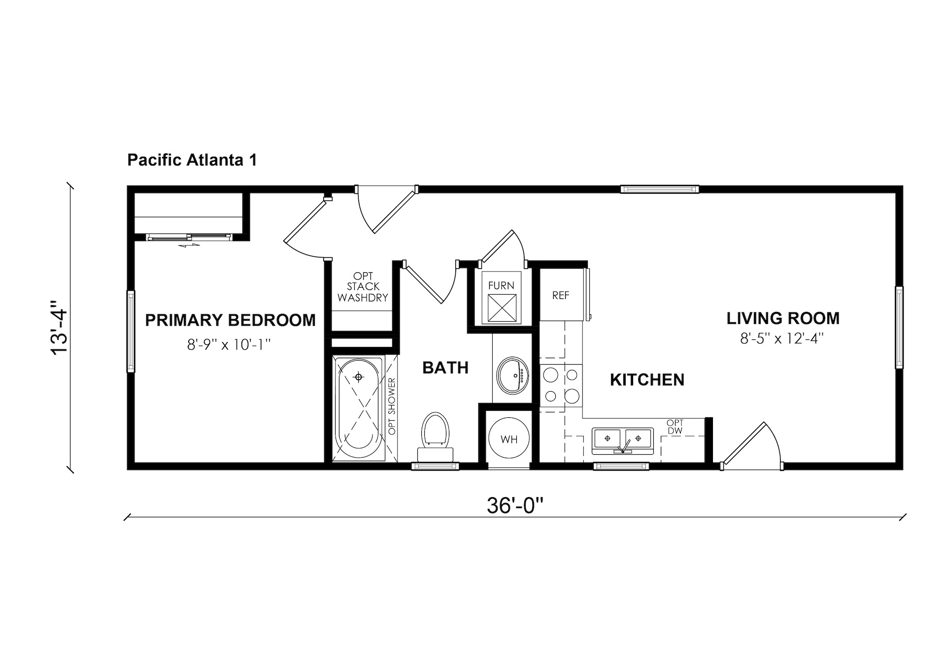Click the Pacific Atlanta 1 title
click(x=192, y=161)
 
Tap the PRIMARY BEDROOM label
click(x=230, y=320)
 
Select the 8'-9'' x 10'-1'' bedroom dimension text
click(x=229, y=344)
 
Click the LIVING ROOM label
click(x=783, y=318)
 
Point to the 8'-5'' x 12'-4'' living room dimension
click(x=782, y=339)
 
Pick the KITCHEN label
click(x=647, y=380)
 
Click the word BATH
click(x=445, y=368)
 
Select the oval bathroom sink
click(x=512, y=375)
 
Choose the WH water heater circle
click(x=509, y=438)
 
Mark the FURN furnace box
click(x=502, y=298)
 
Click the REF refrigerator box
click(x=561, y=295)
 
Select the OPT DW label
click(x=675, y=427)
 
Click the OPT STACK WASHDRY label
click(x=363, y=287)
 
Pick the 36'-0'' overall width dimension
click(x=515, y=505)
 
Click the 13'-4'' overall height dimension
click(x=61, y=327)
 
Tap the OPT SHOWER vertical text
click(x=392, y=406)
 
